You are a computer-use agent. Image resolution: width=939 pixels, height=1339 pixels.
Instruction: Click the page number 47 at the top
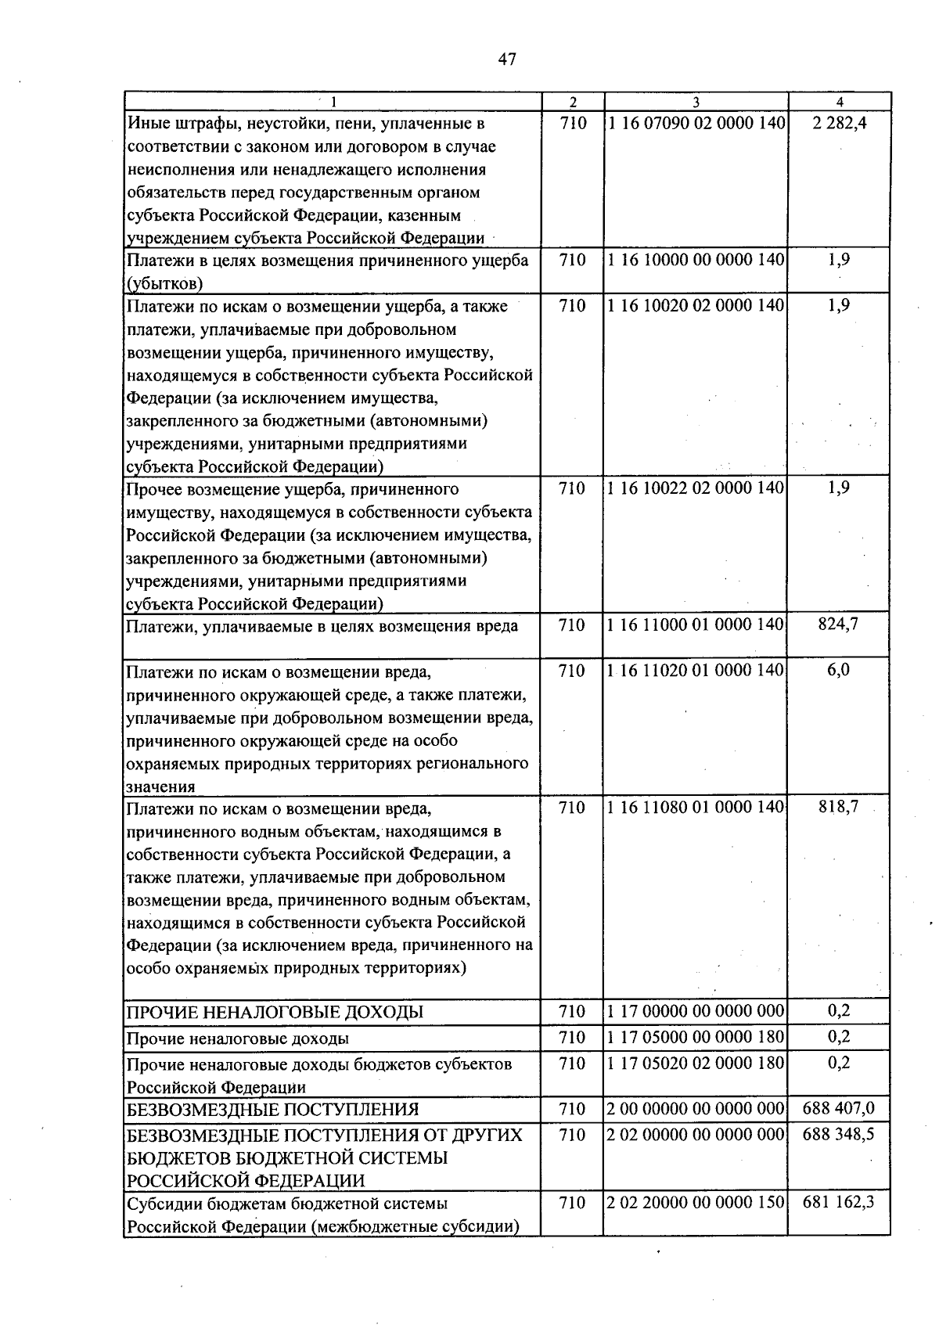(x=506, y=59)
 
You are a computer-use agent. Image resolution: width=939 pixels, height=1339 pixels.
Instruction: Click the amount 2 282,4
(x=839, y=124)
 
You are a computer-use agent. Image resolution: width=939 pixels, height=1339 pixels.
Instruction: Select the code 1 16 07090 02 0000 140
(x=696, y=124)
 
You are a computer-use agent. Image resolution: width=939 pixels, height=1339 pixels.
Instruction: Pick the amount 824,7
(x=838, y=625)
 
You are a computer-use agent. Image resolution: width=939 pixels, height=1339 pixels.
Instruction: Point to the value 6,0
(x=838, y=671)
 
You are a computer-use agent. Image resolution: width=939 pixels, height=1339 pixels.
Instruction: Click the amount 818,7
(x=838, y=808)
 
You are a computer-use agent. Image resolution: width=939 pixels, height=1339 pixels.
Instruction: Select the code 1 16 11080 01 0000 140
(x=696, y=808)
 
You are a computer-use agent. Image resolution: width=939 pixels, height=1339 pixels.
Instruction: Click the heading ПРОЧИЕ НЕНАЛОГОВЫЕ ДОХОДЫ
(x=275, y=1013)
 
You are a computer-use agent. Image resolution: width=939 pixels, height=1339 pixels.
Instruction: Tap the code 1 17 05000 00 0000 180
(x=696, y=1038)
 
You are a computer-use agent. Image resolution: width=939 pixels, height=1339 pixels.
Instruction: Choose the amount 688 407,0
(x=838, y=1109)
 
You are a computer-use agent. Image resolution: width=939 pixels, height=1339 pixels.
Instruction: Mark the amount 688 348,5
(x=838, y=1135)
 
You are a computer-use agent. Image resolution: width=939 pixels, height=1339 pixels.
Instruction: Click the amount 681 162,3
(x=838, y=1203)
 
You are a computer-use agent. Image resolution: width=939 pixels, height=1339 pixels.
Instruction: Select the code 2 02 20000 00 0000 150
(x=696, y=1203)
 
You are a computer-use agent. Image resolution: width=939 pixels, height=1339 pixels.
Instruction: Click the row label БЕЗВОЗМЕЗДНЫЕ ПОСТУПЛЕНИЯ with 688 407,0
(x=273, y=1110)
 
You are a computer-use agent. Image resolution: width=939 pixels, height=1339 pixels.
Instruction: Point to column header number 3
(x=696, y=102)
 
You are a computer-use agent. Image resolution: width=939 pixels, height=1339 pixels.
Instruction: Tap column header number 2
(x=573, y=102)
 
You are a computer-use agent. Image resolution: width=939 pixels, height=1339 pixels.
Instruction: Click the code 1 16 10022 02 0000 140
(x=696, y=488)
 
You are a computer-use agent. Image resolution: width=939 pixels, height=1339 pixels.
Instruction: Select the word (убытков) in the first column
(x=165, y=283)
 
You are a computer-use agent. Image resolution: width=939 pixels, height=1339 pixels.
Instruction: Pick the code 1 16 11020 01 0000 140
(x=696, y=671)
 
